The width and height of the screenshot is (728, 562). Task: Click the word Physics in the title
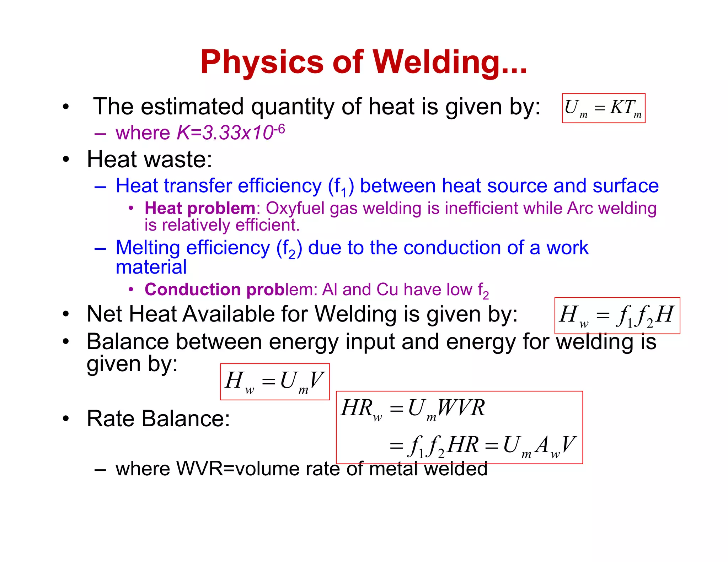(x=262, y=62)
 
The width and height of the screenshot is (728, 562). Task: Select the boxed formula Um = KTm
(x=603, y=108)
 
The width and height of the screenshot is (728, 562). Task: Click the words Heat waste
(x=149, y=159)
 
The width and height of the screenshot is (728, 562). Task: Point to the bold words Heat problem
(x=200, y=208)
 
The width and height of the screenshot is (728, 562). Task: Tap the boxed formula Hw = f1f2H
(x=617, y=315)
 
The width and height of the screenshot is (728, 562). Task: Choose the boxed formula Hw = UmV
(x=275, y=382)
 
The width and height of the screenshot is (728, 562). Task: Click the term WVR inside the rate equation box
(x=461, y=408)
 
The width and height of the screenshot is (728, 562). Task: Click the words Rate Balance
(x=158, y=418)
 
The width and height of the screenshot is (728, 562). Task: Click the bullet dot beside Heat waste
(x=66, y=160)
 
